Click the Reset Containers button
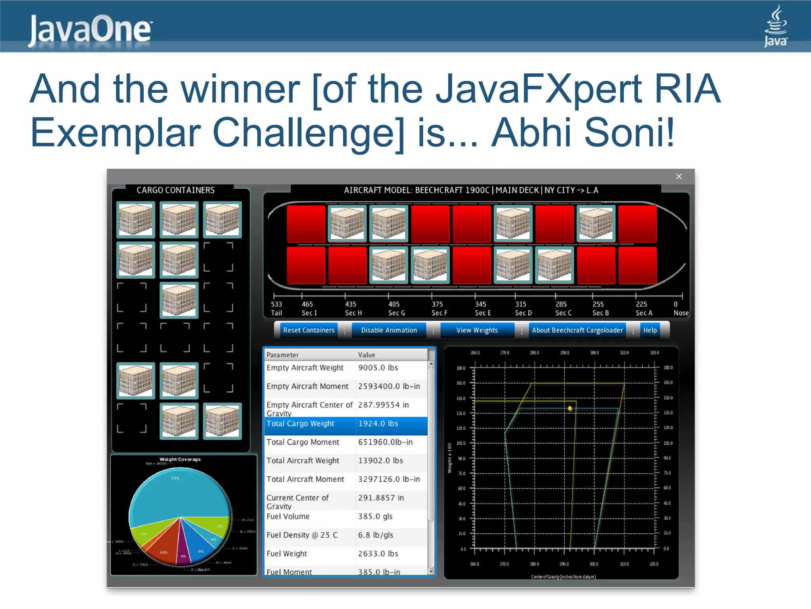308,330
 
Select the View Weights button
477,330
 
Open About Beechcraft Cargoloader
577,330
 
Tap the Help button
650,330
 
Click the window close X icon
679,176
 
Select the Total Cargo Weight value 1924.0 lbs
378,424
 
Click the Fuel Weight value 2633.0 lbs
378,554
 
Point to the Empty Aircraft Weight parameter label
305,368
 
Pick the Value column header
367,355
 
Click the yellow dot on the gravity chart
570,408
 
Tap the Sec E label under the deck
483,313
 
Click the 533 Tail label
276,308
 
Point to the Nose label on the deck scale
681,313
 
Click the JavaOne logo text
90,30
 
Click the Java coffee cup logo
775,26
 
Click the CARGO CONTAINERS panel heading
175,190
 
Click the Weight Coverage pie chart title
180,460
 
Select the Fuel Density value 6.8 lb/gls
375,535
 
